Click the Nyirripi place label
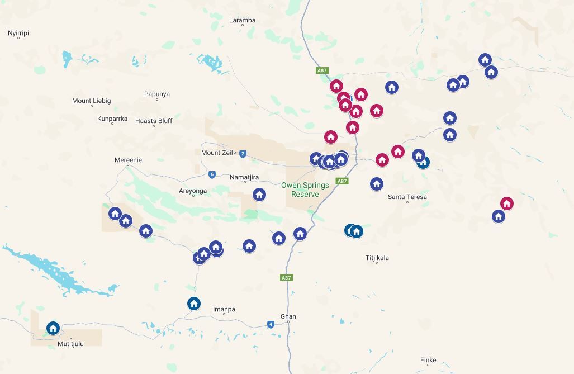[x=18, y=33]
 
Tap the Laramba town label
[x=242, y=20]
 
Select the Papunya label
[x=156, y=94]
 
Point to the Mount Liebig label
[x=91, y=101]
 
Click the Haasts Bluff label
[x=154, y=121]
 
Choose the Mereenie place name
[x=128, y=160]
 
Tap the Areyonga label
[x=193, y=191]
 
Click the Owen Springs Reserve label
[x=305, y=190]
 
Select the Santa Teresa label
[x=407, y=197]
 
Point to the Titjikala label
[x=377, y=258]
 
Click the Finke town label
[x=428, y=360]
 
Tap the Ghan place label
[x=288, y=316]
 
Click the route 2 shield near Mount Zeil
[x=243, y=154]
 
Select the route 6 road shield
[x=212, y=174]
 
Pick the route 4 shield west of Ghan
[x=271, y=324]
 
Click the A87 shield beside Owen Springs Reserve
[x=342, y=181]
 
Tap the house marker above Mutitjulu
[x=53, y=328]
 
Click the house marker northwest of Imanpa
[x=194, y=304]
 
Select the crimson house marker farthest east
[x=506, y=203]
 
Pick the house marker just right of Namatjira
[x=259, y=195]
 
